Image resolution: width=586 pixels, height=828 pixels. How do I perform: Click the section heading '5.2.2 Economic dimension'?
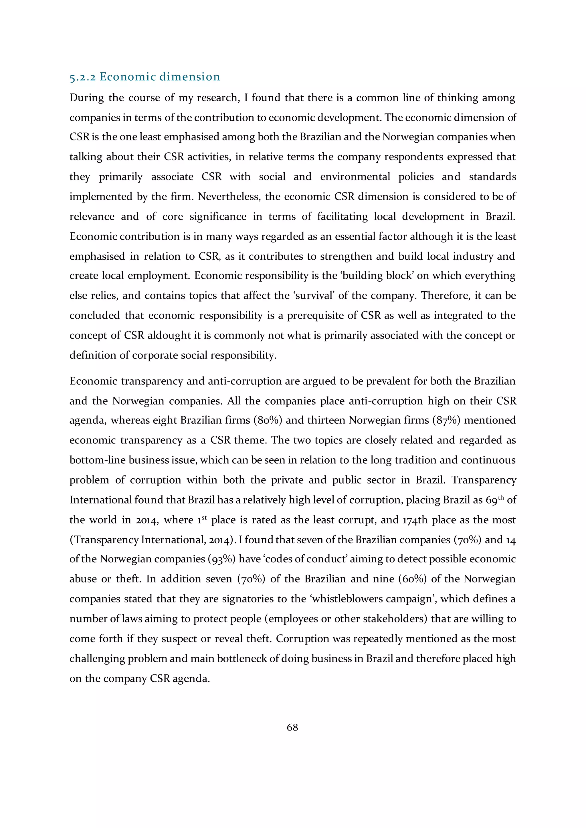pos(145,77)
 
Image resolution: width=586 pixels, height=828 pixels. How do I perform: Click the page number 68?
pos(292,727)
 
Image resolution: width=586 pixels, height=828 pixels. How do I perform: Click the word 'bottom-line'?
pos(97,460)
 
